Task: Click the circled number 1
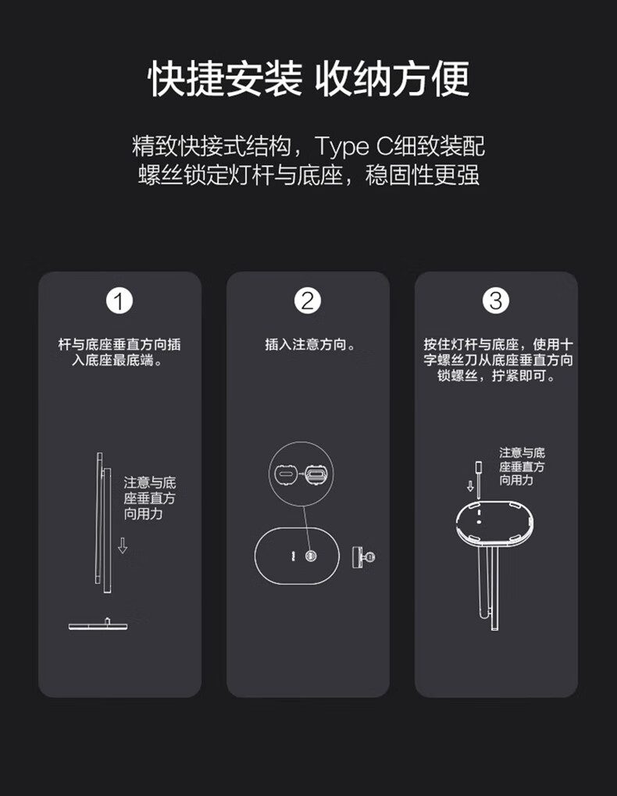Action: (119, 300)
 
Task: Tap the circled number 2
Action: (308, 300)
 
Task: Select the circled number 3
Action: (495, 300)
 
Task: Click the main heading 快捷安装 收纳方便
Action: (308, 79)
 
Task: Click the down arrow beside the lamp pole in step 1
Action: (123, 545)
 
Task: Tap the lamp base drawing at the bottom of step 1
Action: (98, 624)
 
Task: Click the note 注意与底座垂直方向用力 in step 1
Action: (149, 498)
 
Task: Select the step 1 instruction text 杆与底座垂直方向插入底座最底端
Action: (119, 352)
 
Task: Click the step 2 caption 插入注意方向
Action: (310, 345)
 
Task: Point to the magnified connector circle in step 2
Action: (301, 473)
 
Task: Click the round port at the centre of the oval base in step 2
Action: (311, 556)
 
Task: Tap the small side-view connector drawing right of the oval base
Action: (363, 557)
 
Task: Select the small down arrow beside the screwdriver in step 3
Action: (470, 486)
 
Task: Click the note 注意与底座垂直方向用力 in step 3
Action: (522, 467)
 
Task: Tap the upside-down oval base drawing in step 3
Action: (494, 523)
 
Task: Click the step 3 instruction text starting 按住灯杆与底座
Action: (498, 360)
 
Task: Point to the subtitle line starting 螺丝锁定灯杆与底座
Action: (308, 175)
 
